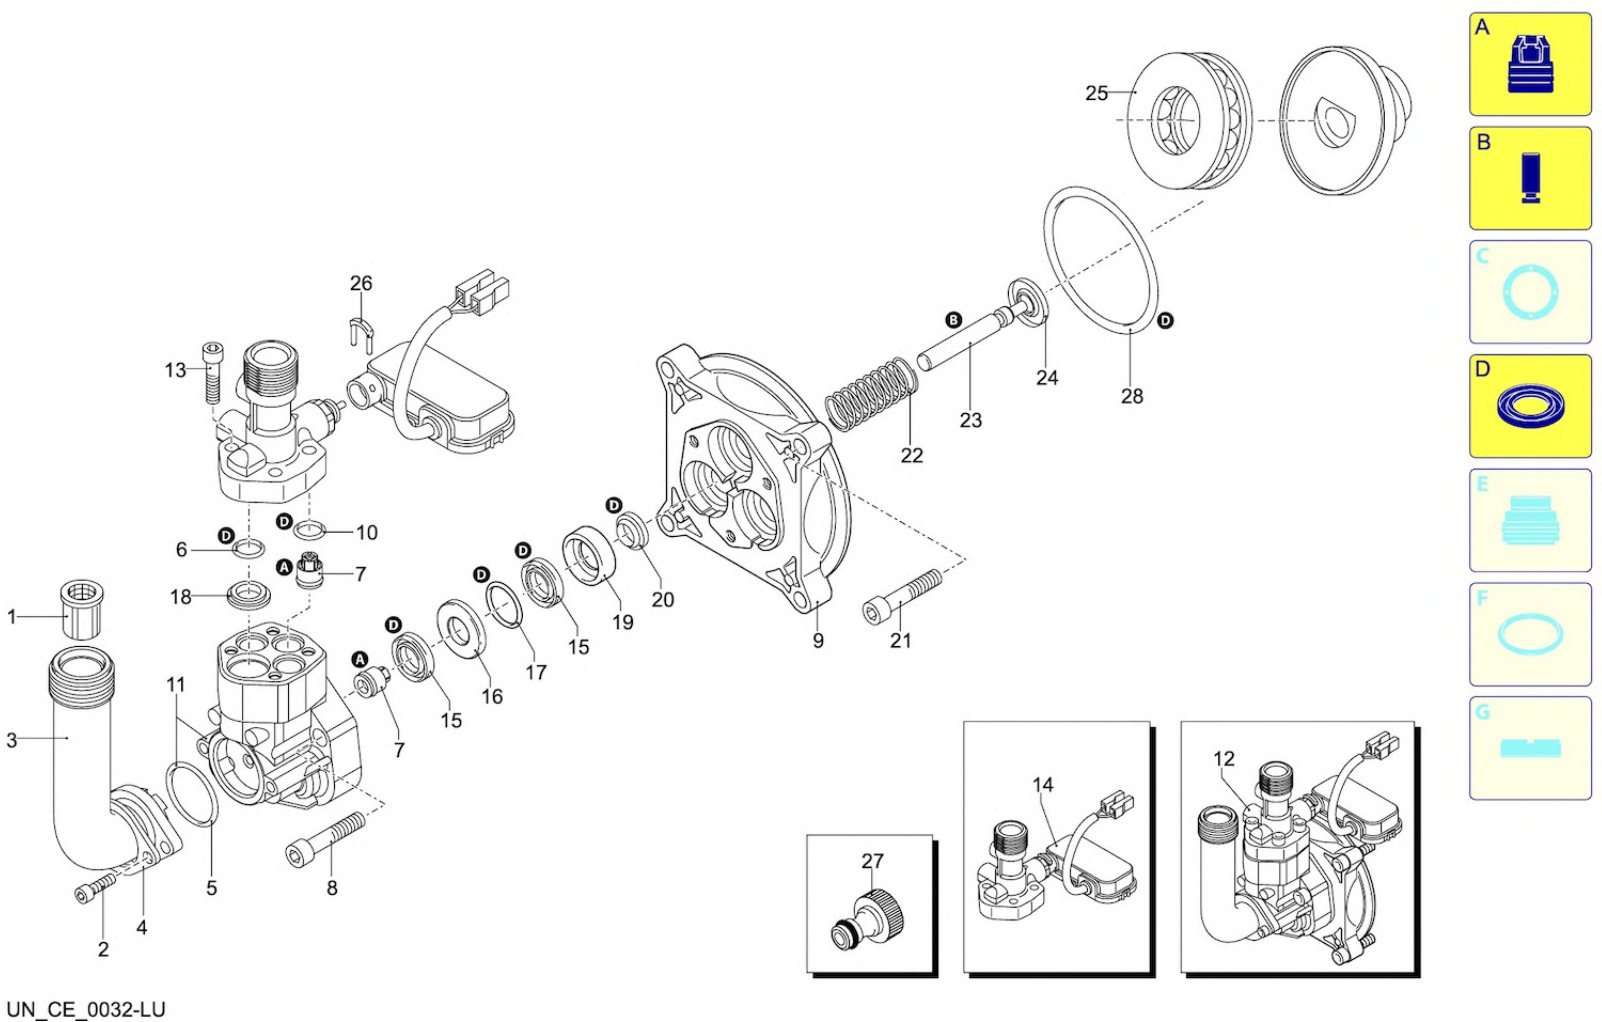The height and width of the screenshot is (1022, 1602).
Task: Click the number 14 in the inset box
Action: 1042,785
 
